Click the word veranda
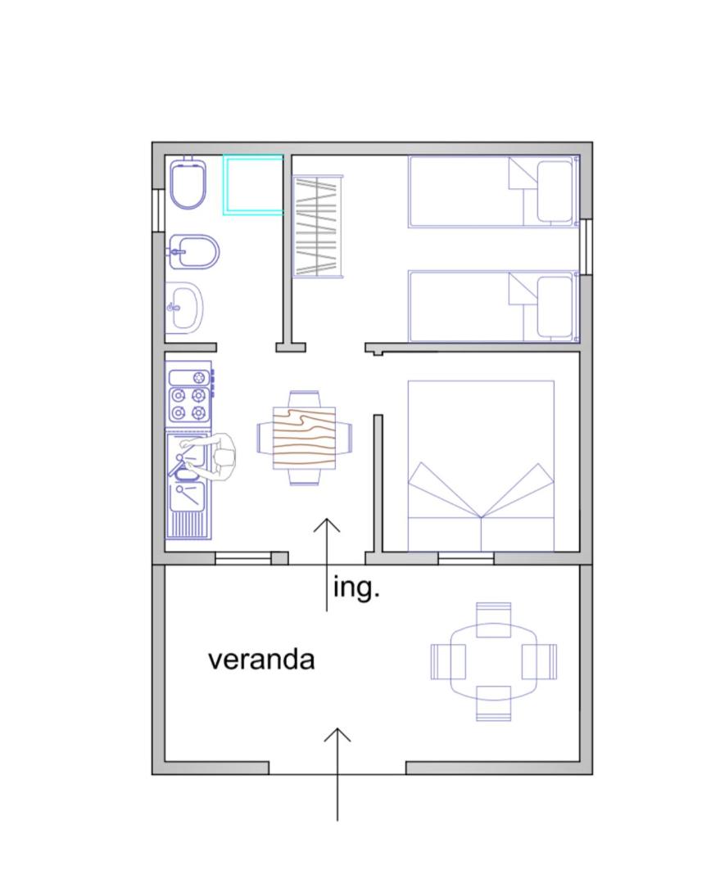click(x=261, y=660)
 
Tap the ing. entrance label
click(x=355, y=588)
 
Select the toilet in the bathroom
click(x=188, y=182)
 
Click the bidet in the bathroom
click(x=192, y=252)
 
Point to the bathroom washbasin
click(x=184, y=309)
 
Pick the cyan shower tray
click(x=254, y=184)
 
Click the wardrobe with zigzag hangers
click(x=318, y=226)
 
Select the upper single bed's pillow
click(x=555, y=191)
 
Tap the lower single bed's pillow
click(x=555, y=307)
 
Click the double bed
click(x=481, y=466)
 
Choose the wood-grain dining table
click(x=304, y=438)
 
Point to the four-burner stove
click(x=189, y=396)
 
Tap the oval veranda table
click(x=494, y=661)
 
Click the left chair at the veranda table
click(x=448, y=661)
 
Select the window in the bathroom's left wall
click(x=158, y=210)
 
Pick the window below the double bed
click(x=466, y=558)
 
